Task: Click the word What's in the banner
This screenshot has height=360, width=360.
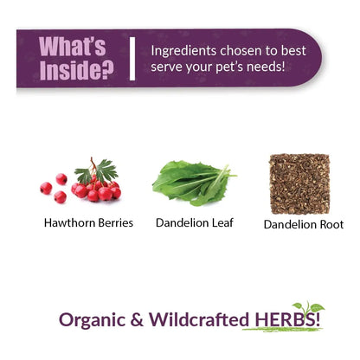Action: coord(73,46)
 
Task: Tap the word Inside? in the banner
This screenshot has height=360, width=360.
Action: coord(76,70)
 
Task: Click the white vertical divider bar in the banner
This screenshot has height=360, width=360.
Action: coord(132,59)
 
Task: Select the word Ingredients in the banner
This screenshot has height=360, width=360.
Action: coord(183,51)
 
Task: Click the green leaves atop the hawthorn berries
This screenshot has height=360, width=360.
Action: coord(97,170)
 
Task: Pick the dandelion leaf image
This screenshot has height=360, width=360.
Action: coord(194,183)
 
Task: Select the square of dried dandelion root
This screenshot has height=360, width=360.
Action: coord(299,183)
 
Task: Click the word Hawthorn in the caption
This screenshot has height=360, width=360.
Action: coord(70,222)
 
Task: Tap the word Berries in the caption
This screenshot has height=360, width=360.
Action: coord(115,222)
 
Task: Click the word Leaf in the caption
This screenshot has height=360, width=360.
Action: coord(222,222)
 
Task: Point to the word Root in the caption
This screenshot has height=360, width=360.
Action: coord(331,224)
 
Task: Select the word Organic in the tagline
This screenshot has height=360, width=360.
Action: coord(93,320)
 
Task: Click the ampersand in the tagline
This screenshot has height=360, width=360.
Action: coord(137,319)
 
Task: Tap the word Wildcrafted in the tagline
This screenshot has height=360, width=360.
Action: coord(199,319)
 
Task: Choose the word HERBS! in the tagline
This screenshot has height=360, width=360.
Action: coord(287,319)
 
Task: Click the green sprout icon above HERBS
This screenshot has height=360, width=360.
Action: coord(309,307)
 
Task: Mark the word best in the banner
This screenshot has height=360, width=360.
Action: coord(293,51)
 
